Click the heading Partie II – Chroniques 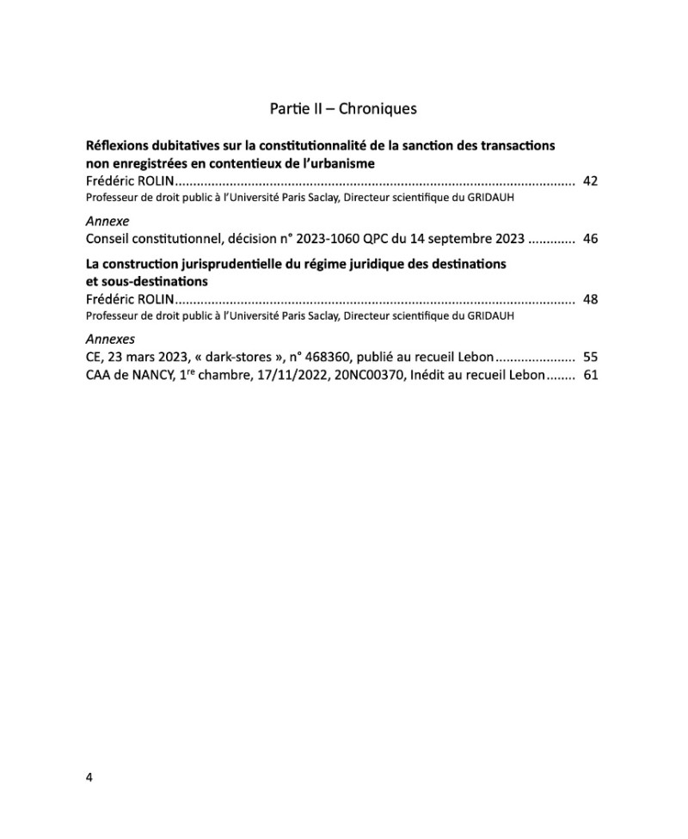tap(343, 109)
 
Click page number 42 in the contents tap(590, 181)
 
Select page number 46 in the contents tap(590, 239)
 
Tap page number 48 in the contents tap(590, 300)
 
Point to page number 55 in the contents tap(590, 358)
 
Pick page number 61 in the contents tap(590, 375)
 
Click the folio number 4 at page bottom tap(89, 777)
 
